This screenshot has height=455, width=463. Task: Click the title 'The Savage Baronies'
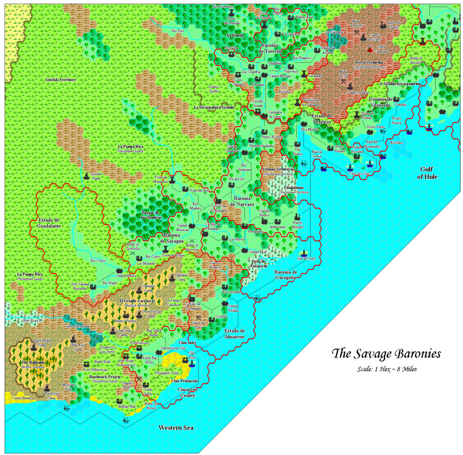click(386, 353)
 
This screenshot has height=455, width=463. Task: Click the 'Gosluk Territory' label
click(61, 80)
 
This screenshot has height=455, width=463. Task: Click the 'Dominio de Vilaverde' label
click(379, 102)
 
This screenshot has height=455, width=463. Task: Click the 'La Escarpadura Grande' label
click(213, 108)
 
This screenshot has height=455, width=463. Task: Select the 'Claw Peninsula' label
click(184, 381)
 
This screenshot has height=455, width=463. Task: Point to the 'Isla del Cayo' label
click(305, 258)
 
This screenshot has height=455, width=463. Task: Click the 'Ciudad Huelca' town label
click(127, 275)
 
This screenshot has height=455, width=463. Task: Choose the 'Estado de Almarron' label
click(234, 333)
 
